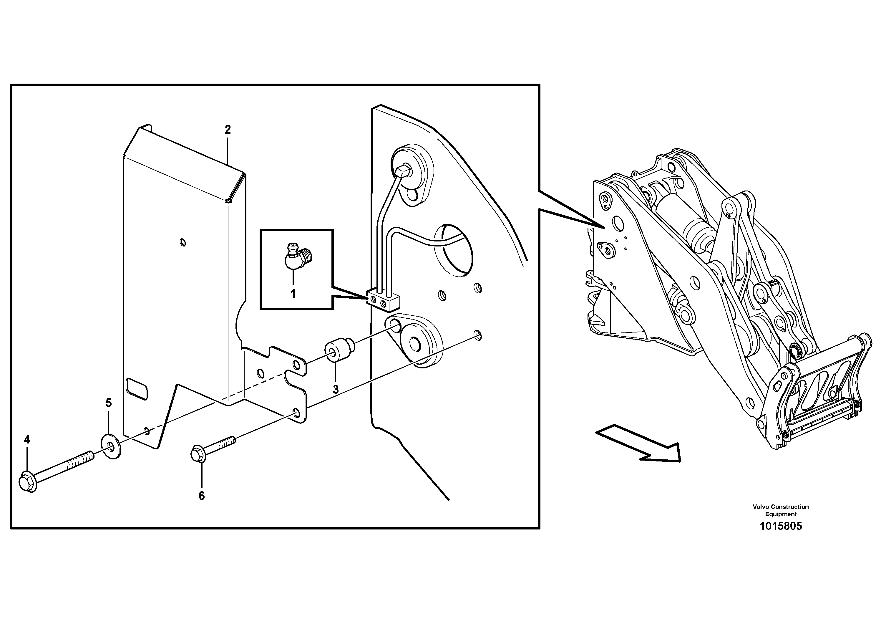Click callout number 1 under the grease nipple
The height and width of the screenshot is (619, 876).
tap(293, 294)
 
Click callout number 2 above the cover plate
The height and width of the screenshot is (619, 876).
tap(228, 130)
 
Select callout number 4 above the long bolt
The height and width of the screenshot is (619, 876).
tap(27, 440)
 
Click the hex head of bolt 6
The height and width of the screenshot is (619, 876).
tap(198, 454)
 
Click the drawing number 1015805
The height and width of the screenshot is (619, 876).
tap(781, 526)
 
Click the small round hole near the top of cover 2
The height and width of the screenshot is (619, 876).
tap(183, 242)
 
